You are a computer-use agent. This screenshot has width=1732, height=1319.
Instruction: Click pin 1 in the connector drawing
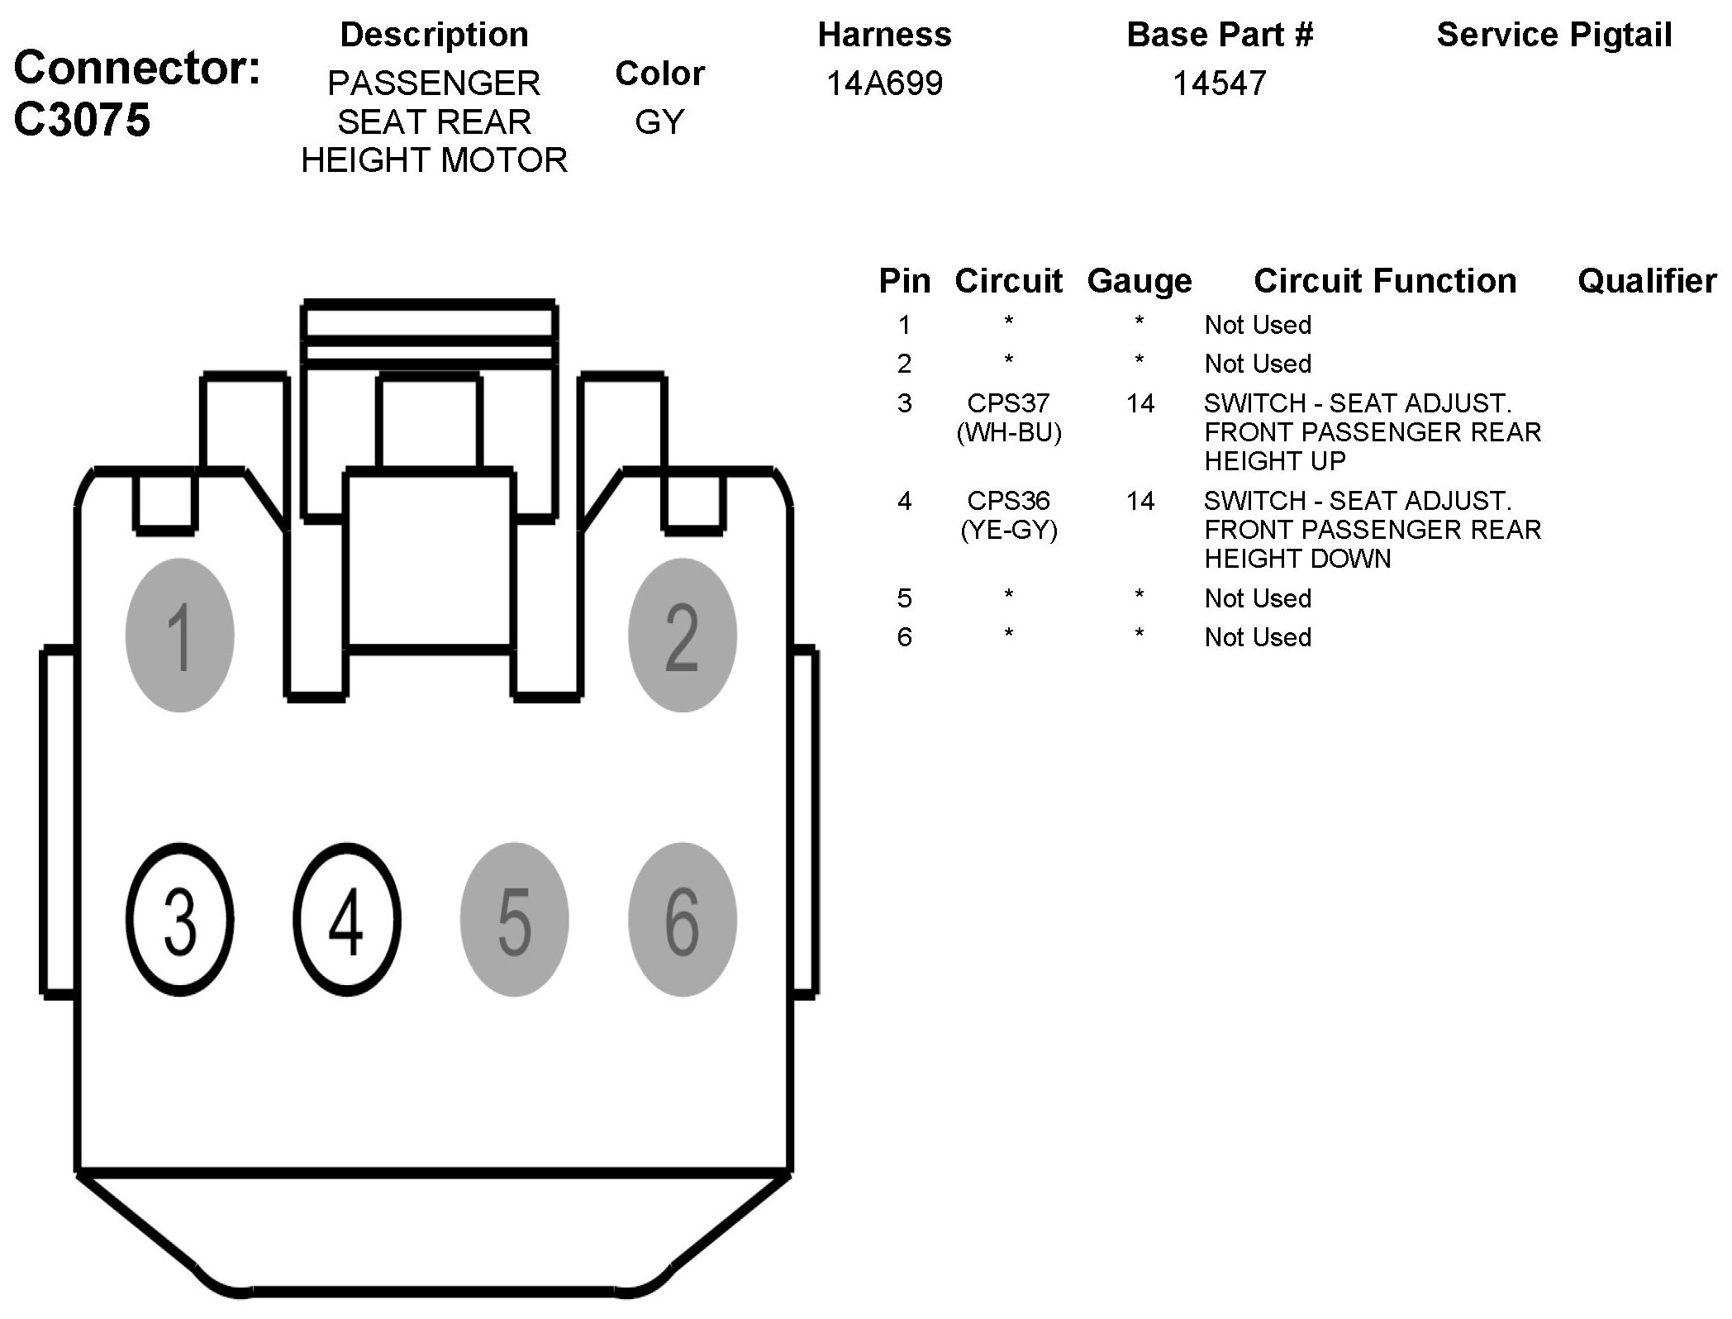click(x=179, y=635)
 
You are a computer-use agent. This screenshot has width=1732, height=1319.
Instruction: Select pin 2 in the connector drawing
click(x=682, y=635)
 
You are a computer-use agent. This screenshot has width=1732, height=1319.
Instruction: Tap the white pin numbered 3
click(x=179, y=920)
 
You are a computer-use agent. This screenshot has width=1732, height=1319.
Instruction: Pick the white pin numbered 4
click(x=346, y=920)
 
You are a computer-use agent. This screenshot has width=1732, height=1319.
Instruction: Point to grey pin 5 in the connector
click(x=514, y=920)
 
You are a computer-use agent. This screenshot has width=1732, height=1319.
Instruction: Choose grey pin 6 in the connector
click(x=682, y=920)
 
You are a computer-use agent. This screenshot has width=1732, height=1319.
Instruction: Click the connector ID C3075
click(x=82, y=120)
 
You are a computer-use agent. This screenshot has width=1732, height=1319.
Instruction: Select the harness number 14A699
click(x=884, y=83)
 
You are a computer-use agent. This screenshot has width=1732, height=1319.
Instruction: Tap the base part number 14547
click(x=1219, y=83)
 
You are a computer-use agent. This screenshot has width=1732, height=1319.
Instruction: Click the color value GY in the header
click(x=659, y=122)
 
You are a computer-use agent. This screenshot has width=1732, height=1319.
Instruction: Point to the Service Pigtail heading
click(x=1554, y=36)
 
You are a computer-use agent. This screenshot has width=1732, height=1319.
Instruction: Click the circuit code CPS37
click(x=1008, y=403)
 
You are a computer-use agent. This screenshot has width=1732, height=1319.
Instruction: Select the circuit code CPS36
click(x=1008, y=501)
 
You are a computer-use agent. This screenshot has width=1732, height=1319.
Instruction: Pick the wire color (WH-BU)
click(x=1008, y=432)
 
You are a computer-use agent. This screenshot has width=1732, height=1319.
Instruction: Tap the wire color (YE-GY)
click(x=1008, y=530)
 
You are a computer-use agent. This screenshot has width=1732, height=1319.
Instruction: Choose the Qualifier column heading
click(x=1646, y=282)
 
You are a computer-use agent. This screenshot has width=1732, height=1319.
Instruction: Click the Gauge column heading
click(x=1140, y=282)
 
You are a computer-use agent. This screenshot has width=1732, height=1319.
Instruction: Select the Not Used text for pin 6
click(x=1258, y=637)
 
